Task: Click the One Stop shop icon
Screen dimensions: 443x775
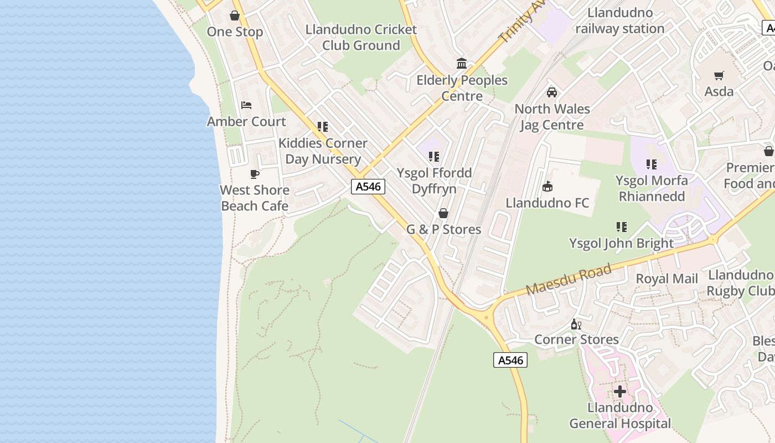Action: pos(235,16)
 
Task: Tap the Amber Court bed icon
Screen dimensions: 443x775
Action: pos(246,105)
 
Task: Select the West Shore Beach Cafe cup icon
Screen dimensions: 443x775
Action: pos(255,174)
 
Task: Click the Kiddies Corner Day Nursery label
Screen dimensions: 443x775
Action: pos(323,151)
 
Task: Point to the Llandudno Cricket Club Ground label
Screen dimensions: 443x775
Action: pos(361,37)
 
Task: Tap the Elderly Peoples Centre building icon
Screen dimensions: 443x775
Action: pos(462,64)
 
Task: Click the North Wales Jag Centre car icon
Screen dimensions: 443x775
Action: pos(552,92)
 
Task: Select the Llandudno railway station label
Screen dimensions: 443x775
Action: pos(620,20)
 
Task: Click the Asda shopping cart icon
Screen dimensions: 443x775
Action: pos(719,75)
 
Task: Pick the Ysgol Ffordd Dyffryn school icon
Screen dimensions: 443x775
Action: pos(434,157)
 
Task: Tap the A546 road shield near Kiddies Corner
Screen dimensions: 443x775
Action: pos(368,187)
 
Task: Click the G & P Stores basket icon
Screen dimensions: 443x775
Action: pos(443,213)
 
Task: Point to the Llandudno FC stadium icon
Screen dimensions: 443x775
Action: pos(547,187)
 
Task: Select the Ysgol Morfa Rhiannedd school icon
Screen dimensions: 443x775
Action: pos(652,164)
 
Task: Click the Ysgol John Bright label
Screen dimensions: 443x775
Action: pos(622,243)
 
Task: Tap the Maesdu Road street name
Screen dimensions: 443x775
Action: pos(569,280)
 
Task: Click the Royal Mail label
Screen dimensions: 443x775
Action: pos(666,279)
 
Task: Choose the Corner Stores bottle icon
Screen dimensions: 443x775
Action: pos(576,324)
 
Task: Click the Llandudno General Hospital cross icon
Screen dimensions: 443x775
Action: pos(620,392)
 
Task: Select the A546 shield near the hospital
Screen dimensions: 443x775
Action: pos(510,360)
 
